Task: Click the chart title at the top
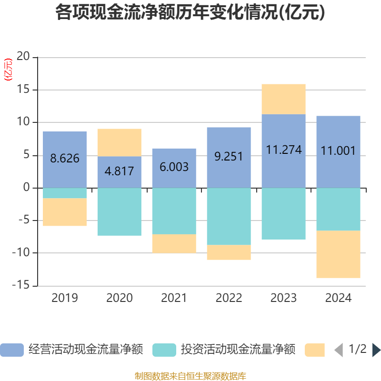tap(190, 13)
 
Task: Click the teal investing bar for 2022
tap(229, 216)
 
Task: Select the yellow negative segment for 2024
tap(339, 254)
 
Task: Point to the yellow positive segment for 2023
tap(284, 99)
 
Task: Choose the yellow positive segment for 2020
tap(120, 142)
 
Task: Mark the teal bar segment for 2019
tap(65, 193)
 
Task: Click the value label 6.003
tap(174, 167)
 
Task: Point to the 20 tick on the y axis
tap(23, 57)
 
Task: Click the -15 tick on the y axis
tap(21, 286)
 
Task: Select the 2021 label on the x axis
tap(174, 299)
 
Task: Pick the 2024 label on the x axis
tap(339, 299)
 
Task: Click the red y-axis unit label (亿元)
tap(8, 70)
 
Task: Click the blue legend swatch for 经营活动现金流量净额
tap(12, 350)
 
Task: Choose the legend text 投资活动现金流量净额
tap(238, 350)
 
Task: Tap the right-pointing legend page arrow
tap(376, 350)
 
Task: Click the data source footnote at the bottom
tap(190, 376)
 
